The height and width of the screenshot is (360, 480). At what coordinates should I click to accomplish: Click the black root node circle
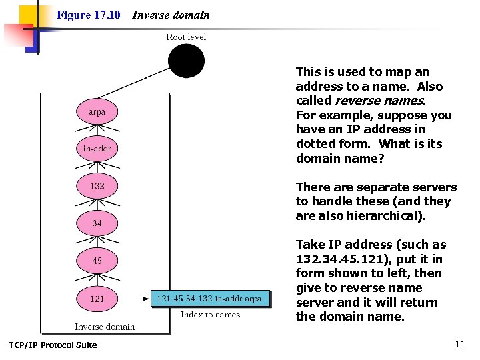(186, 61)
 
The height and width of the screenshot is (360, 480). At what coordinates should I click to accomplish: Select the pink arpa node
(97, 111)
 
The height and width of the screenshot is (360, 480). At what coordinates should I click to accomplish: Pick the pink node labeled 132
(97, 186)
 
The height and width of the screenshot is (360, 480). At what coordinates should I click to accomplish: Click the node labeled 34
(97, 223)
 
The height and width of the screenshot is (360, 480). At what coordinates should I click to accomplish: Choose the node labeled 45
(97, 261)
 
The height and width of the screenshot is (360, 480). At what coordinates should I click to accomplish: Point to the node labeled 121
(97, 299)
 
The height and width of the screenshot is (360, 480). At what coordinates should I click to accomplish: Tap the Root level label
(186, 37)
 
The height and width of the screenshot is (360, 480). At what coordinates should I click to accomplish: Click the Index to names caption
(210, 315)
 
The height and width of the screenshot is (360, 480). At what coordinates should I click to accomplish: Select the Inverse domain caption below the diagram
(105, 327)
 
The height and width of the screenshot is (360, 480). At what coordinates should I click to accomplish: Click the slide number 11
(460, 345)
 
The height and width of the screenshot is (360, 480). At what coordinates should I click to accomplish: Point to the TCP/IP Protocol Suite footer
(53, 345)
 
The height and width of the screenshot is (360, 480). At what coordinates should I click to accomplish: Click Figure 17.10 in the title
(88, 15)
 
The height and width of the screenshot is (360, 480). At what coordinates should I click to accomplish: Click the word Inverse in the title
(149, 15)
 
